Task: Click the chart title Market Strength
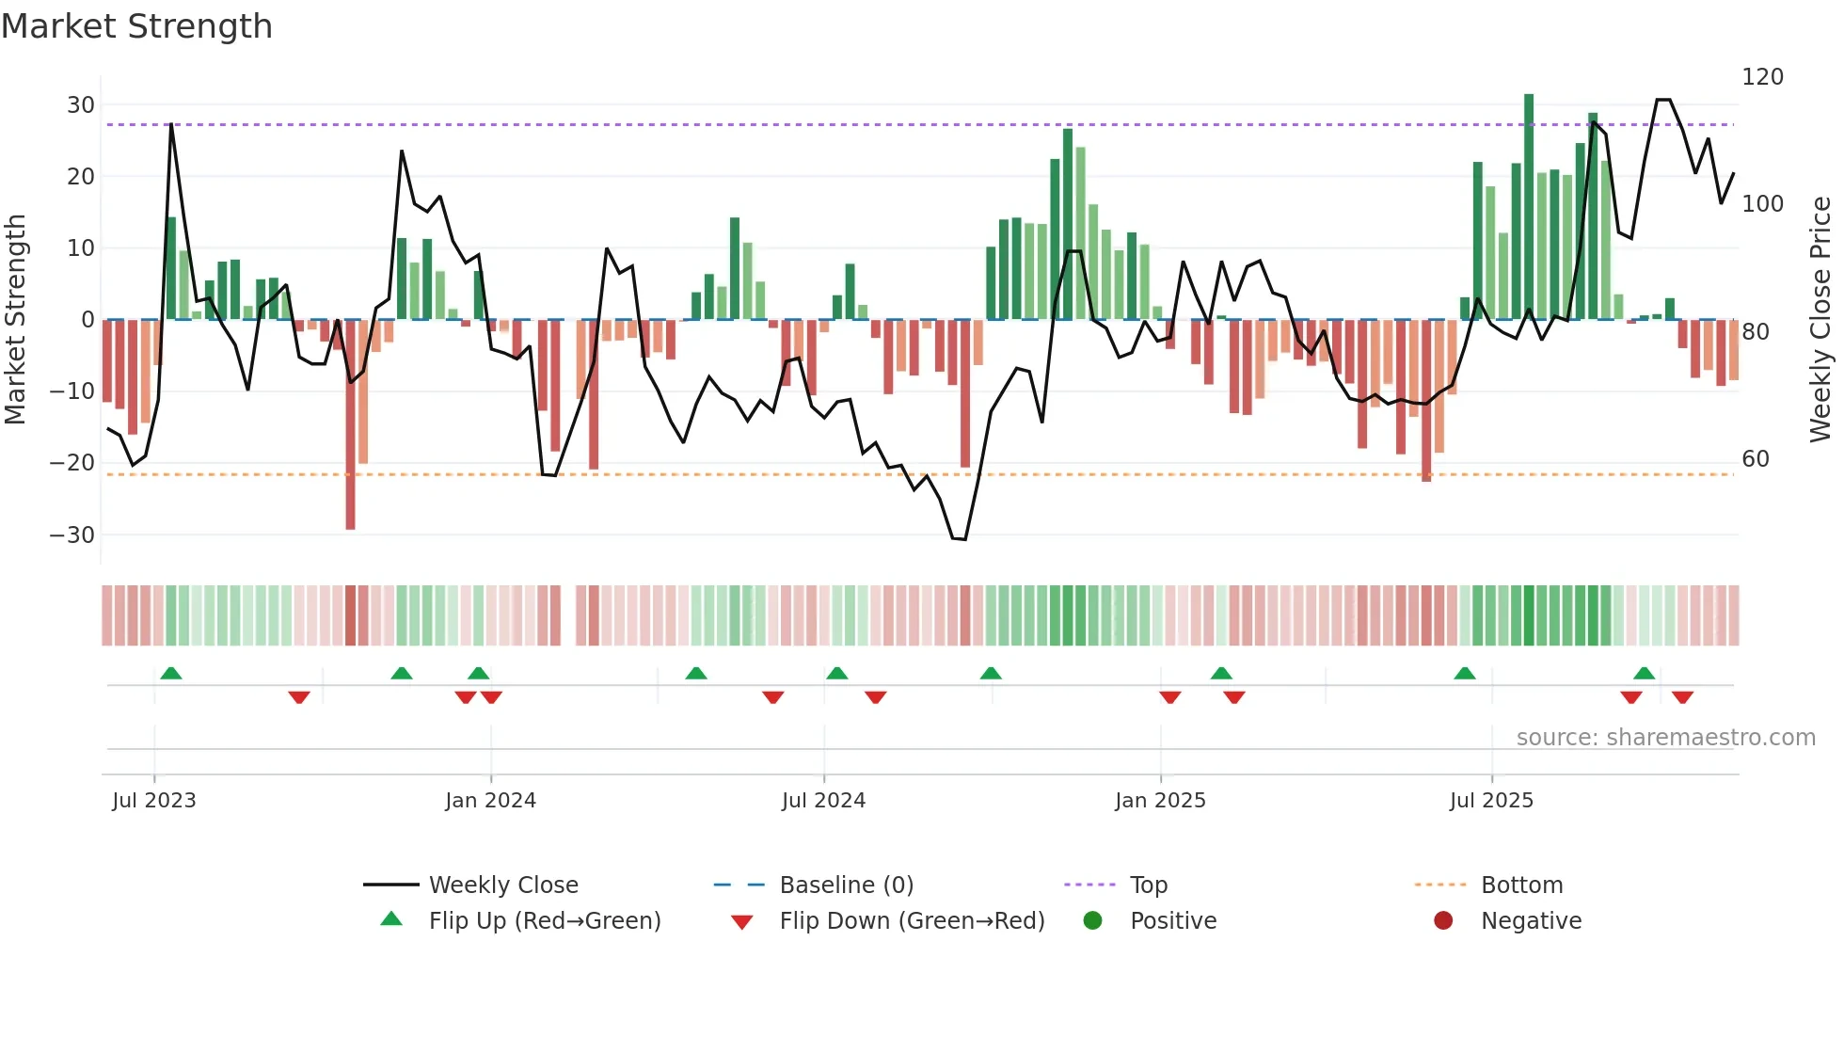136,26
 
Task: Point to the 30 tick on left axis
81,104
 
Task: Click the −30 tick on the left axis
72,534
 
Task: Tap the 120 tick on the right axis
1762,77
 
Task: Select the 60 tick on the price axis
1756,459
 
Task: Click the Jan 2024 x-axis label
490,801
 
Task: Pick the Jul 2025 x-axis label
1491,801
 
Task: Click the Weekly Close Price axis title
1820,319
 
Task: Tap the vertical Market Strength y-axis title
15,319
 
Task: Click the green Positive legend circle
1092,920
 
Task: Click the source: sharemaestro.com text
1665,738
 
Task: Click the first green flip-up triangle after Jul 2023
171,674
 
